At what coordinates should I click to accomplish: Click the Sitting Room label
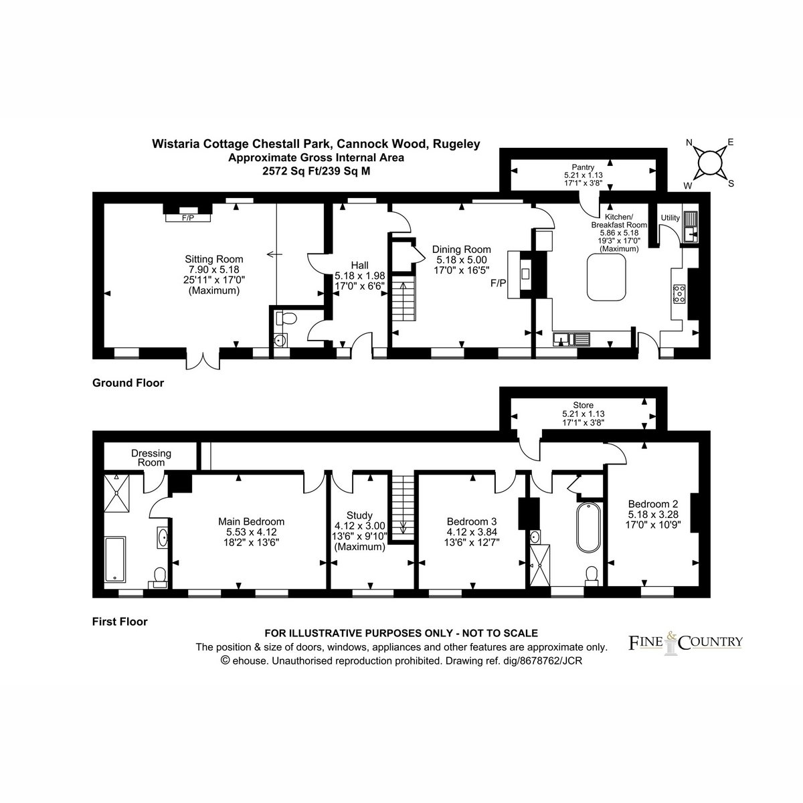[213, 259]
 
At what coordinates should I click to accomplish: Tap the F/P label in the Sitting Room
[188, 218]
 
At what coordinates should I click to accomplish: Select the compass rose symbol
[709, 163]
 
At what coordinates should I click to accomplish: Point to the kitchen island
[606, 277]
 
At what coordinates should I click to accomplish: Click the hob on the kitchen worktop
[679, 293]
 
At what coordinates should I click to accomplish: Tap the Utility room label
[670, 218]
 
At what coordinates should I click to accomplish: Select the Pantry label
[583, 167]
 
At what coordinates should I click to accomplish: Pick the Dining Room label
[461, 250]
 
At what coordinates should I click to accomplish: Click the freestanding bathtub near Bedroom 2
[588, 527]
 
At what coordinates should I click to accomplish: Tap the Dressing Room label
[151, 458]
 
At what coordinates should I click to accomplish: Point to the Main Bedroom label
[252, 522]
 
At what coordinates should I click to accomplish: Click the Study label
[359, 515]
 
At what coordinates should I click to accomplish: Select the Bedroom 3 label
[472, 522]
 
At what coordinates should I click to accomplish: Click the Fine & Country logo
[685, 642]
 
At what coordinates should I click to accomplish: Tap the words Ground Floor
[128, 383]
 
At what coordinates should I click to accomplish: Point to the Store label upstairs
[583, 405]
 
